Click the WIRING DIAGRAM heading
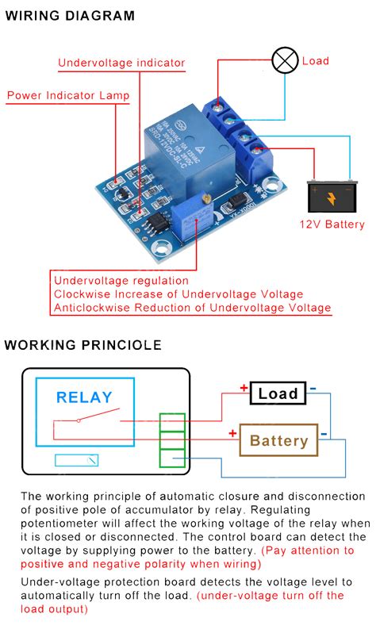click(71, 16)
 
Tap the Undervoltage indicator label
click(121, 63)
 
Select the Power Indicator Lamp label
click(68, 96)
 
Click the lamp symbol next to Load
click(285, 60)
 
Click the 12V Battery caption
click(332, 224)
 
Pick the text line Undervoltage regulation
click(121, 280)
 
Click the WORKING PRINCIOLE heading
click(83, 345)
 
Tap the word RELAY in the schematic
click(84, 397)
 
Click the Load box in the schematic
click(278, 393)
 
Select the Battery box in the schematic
click(278, 440)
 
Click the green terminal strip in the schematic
click(171, 440)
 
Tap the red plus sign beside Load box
click(244, 388)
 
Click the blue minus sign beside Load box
click(313, 388)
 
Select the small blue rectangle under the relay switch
click(77, 460)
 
